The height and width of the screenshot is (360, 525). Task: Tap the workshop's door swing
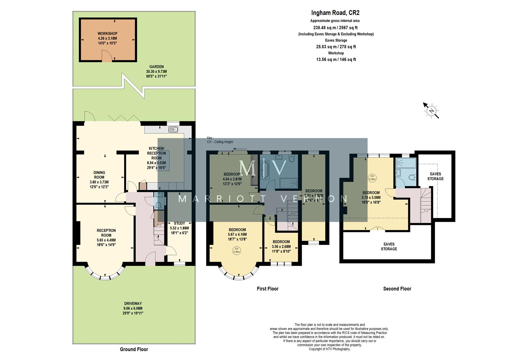click(106, 57)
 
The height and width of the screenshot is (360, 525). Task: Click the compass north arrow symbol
click(431, 110)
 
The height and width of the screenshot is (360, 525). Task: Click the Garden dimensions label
click(156, 74)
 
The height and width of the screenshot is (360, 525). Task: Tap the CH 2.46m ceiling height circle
click(236, 250)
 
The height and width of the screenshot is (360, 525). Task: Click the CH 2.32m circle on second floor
click(372, 178)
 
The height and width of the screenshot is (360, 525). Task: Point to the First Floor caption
click(267, 289)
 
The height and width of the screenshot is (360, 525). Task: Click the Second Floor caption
click(397, 289)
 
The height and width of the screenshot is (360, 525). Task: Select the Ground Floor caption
click(134, 349)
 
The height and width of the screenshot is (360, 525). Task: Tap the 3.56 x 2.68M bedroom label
click(281, 244)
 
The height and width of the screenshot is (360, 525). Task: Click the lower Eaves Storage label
click(389, 246)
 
